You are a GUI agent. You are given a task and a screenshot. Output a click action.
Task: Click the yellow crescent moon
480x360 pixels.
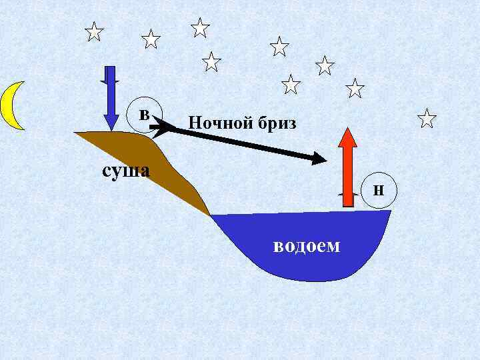point(9,105)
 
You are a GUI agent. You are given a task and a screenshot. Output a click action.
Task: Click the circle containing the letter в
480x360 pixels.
point(144,112)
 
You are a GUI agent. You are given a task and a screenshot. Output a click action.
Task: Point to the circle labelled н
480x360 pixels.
point(377,189)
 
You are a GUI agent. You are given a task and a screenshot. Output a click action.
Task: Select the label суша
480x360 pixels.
point(125,170)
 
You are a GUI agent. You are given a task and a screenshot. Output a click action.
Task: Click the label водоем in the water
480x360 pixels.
point(306,245)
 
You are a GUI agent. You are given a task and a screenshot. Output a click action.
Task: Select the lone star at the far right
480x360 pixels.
point(427,119)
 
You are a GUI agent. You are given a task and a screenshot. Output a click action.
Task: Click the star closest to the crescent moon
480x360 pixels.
point(95,31)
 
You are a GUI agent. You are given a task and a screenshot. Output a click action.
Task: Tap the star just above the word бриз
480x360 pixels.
point(291,84)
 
